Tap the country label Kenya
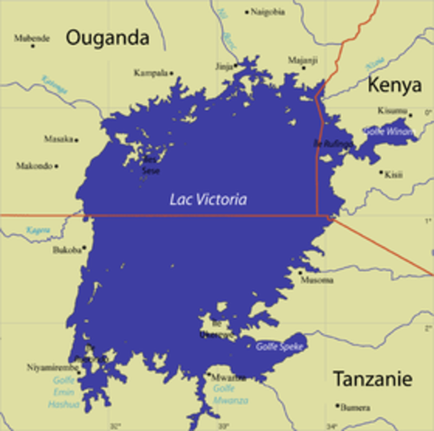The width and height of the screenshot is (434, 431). tap(394, 85)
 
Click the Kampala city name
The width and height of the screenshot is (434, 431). tap(150, 72)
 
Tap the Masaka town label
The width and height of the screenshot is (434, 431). tap(58, 138)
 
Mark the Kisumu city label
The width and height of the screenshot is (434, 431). tap(393, 110)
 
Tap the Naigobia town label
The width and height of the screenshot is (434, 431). tap(268, 12)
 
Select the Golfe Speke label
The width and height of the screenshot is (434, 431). tap(279, 346)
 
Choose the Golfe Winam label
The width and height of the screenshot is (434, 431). tap(387, 131)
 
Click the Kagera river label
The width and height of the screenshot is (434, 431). tap(38, 230)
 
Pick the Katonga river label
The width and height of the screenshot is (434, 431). tap(55, 85)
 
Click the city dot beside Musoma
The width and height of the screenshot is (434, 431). tap(300, 271)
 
